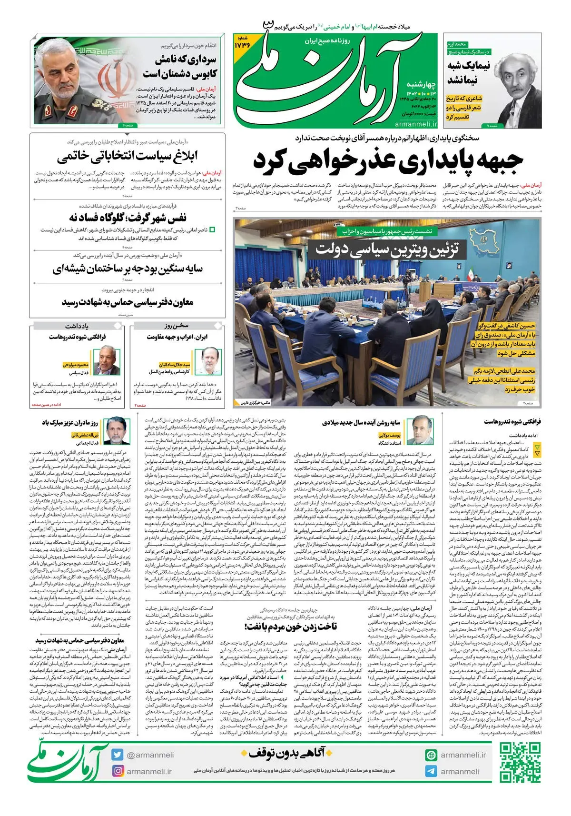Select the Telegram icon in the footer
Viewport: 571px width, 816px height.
pyautogui.click(x=431, y=771)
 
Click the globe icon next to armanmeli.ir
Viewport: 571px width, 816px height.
pyautogui.click(x=431, y=755)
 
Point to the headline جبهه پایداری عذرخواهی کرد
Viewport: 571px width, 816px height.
pyautogui.click(x=388, y=161)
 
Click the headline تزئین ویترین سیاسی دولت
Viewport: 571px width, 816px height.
pyautogui.click(x=387, y=249)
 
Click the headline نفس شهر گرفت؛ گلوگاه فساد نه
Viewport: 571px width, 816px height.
pyautogui.click(x=128, y=218)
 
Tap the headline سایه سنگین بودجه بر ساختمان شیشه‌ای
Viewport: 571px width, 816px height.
pyautogui.click(x=128, y=269)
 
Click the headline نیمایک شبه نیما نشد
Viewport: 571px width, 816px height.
pyautogui.click(x=462, y=73)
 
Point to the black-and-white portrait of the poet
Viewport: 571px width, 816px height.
pyautogui.click(x=514, y=81)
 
